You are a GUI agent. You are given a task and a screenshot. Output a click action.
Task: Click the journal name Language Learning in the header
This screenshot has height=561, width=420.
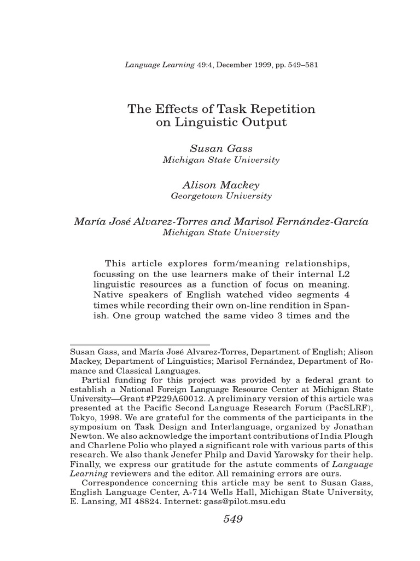click(x=160, y=65)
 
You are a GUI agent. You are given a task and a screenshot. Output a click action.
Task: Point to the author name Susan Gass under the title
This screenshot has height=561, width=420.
click(x=221, y=148)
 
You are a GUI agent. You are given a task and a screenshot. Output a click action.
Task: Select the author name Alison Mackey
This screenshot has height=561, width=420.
click(x=221, y=185)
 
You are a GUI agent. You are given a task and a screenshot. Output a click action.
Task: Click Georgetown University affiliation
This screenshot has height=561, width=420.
click(x=221, y=196)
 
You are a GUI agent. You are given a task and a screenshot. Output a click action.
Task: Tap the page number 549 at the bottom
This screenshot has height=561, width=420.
click(x=232, y=519)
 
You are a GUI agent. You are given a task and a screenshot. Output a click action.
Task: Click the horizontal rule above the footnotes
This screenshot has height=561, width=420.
click(x=140, y=344)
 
